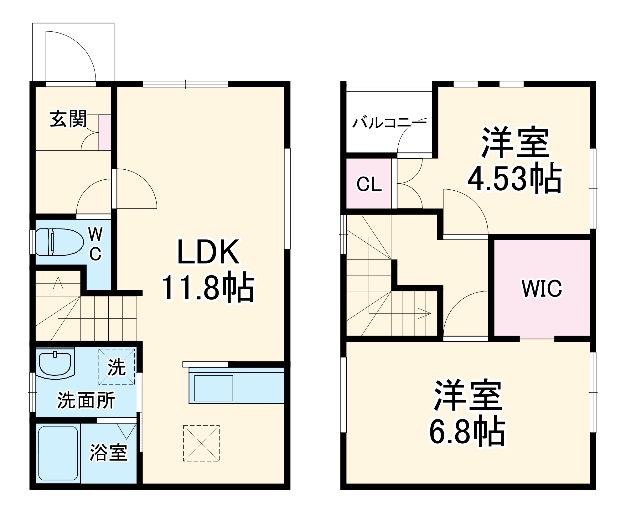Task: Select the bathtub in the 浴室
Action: (58, 453)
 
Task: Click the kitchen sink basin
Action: (214, 388)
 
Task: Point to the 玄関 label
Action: (68, 119)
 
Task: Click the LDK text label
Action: (208, 252)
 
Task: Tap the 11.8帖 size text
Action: (208, 287)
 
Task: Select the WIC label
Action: (541, 288)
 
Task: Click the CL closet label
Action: (369, 184)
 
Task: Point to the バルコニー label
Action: (389, 123)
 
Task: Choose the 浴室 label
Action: (108, 452)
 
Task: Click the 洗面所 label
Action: (86, 400)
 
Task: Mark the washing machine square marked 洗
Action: (117, 367)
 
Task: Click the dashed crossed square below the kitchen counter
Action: (201, 443)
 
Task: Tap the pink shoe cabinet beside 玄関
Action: (105, 132)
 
